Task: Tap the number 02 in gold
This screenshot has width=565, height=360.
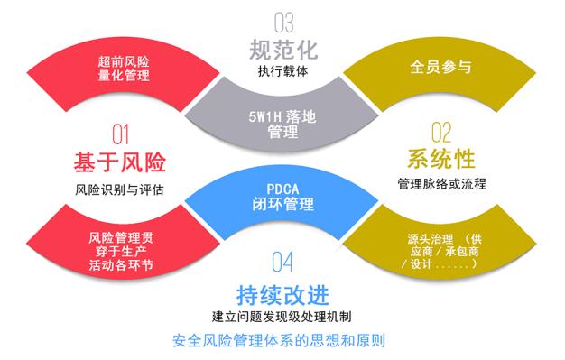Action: (x=440, y=134)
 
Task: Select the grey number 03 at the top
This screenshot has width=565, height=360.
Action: (x=283, y=20)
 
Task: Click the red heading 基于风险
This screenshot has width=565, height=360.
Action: (x=120, y=162)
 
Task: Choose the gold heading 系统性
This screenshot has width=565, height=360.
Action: (x=440, y=160)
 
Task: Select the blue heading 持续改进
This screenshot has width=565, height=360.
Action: (x=282, y=294)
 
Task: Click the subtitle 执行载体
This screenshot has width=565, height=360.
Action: (x=283, y=70)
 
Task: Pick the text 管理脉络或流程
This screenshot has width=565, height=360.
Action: (x=440, y=184)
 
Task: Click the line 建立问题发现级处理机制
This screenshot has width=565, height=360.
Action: (x=282, y=317)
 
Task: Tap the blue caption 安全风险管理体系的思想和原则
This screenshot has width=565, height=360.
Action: (x=282, y=342)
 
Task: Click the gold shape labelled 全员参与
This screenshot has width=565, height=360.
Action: (x=440, y=69)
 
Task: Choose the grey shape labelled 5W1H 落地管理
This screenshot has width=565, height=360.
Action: (x=282, y=125)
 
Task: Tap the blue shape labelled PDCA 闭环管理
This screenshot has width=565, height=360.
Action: (x=282, y=196)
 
